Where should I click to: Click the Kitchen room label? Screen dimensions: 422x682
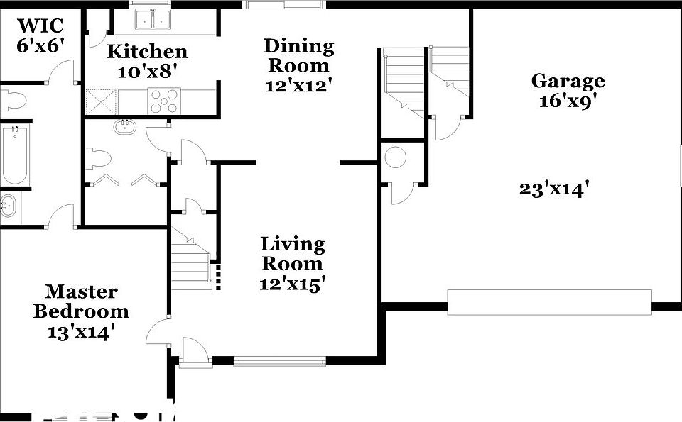pyautogui.click(x=147, y=52)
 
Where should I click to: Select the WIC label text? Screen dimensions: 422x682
pyautogui.click(x=40, y=26)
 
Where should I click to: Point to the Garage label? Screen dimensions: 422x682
pyautogui.click(x=568, y=81)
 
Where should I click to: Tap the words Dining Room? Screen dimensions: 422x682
pyautogui.click(x=298, y=56)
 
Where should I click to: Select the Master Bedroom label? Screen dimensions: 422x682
pyautogui.click(x=81, y=301)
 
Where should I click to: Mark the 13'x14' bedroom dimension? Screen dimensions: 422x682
pyautogui.click(x=81, y=331)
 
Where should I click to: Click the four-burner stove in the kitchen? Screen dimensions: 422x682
pyautogui.click(x=164, y=101)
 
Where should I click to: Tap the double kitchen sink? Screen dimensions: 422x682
pyautogui.click(x=153, y=18)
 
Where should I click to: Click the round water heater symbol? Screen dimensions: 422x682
pyautogui.click(x=395, y=157)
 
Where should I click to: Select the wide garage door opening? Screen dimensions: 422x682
pyautogui.click(x=549, y=302)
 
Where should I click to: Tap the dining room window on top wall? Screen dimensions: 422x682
pyautogui.click(x=284, y=4)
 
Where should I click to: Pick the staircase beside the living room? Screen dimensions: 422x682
pyautogui.click(x=191, y=259)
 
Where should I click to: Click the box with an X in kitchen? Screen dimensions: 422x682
pyautogui.click(x=101, y=101)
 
